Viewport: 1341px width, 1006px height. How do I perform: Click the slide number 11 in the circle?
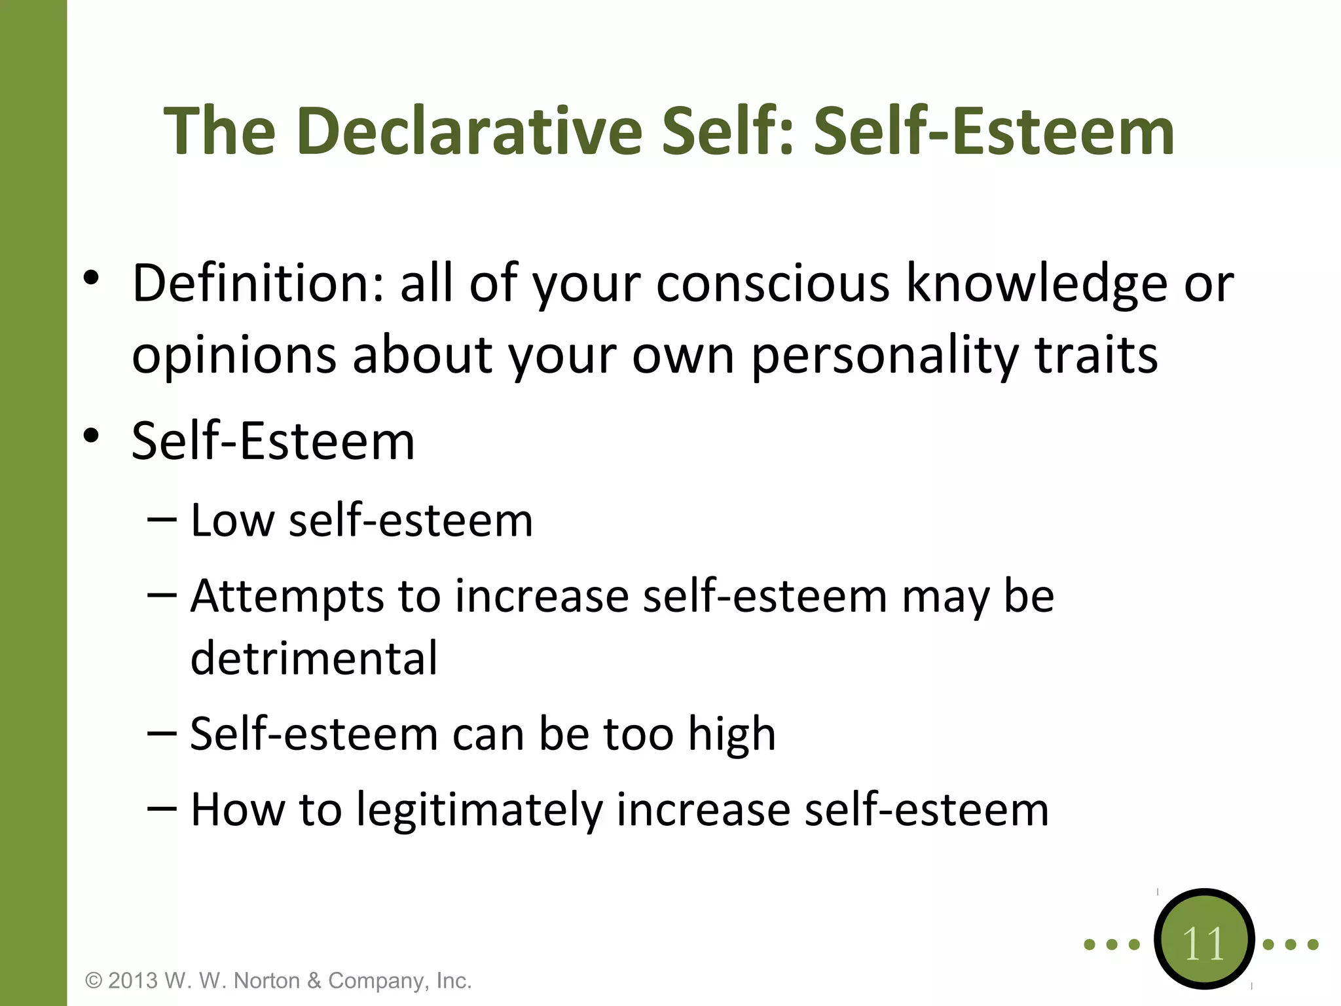click(1203, 944)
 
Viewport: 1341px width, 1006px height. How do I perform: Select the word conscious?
click(773, 284)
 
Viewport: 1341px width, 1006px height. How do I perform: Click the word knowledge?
click(1037, 284)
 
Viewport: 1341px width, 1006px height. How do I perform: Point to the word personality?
click(884, 356)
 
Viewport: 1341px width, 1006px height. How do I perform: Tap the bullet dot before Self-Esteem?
click(91, 436)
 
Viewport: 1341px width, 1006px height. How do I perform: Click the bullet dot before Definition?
click(91, 278)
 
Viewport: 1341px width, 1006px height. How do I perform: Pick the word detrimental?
click(314, 658)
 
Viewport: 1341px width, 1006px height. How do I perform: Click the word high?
click(731, 735)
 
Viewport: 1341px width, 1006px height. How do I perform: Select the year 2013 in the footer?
click(133, 980)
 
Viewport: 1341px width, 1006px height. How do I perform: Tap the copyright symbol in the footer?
click(94, 980)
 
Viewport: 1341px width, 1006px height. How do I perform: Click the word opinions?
click(234, 356)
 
